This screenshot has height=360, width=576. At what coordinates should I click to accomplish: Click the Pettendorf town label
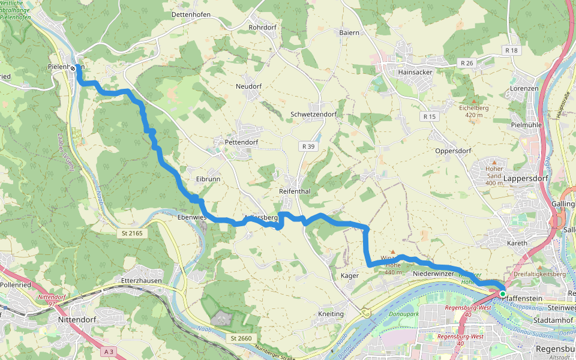241,143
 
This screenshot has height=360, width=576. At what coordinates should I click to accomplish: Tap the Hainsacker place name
415,72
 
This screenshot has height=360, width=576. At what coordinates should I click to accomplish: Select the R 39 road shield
308,146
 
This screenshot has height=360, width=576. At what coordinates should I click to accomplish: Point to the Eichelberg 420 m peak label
474,111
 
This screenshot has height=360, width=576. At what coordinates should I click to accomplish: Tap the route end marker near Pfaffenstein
502,293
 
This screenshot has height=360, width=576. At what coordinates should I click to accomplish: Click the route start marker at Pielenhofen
73,68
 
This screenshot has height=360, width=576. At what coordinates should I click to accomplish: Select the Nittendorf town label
78,320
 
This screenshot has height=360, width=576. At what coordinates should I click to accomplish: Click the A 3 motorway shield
109,350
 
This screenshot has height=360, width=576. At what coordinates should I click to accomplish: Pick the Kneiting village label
331,314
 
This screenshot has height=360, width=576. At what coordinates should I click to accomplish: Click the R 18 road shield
511,50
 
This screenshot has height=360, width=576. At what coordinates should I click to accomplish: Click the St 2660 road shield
239,339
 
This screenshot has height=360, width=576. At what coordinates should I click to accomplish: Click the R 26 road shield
467,63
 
